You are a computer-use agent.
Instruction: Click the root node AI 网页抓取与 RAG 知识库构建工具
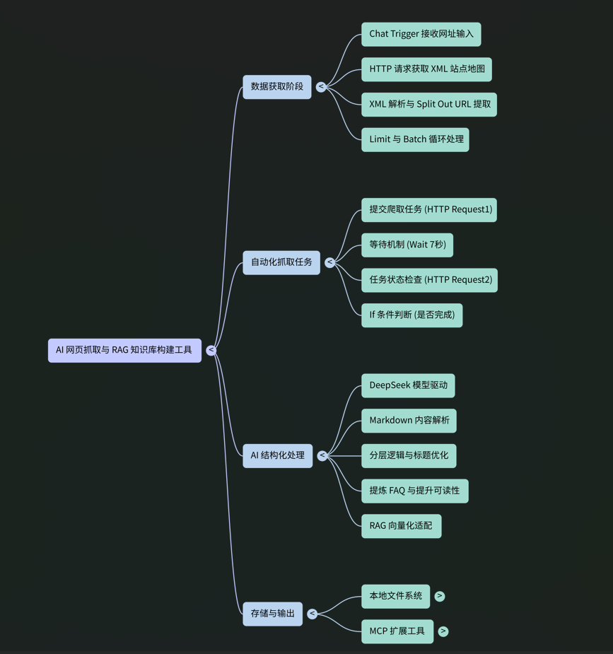tap(124, 350)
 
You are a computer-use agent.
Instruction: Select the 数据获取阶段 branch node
tap(276, 87)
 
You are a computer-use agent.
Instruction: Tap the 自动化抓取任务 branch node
tap(281, 262)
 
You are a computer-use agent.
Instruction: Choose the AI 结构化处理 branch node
tap(277, 455)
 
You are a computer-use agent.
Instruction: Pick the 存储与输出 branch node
tap(272, 614)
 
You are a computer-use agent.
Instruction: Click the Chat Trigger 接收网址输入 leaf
tap(421, 34)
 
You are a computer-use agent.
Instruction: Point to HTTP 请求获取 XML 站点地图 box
tap(426, 69)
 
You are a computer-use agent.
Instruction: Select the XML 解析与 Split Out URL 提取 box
tap(429, 105)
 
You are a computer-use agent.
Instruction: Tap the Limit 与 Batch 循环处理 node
tap(415, 139)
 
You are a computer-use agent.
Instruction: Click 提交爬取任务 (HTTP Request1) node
tap(429, 209)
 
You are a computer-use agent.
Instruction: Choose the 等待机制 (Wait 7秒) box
tap(407, 245)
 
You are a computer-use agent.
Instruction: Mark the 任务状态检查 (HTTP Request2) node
tap(429, 280)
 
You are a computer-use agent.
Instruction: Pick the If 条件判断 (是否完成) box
tap(411, 315)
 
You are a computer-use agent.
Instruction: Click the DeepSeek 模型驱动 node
tap(408, 385)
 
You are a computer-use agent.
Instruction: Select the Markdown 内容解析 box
tap(409, 421)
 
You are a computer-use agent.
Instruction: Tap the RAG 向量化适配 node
tap(401, 526)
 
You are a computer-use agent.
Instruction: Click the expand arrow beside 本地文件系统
tap(440, 596)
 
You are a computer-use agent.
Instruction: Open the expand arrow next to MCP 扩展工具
tap(443, 631)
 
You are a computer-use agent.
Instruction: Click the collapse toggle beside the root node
tap(211, 350)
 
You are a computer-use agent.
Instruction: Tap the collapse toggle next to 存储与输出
tap(312, 614)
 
